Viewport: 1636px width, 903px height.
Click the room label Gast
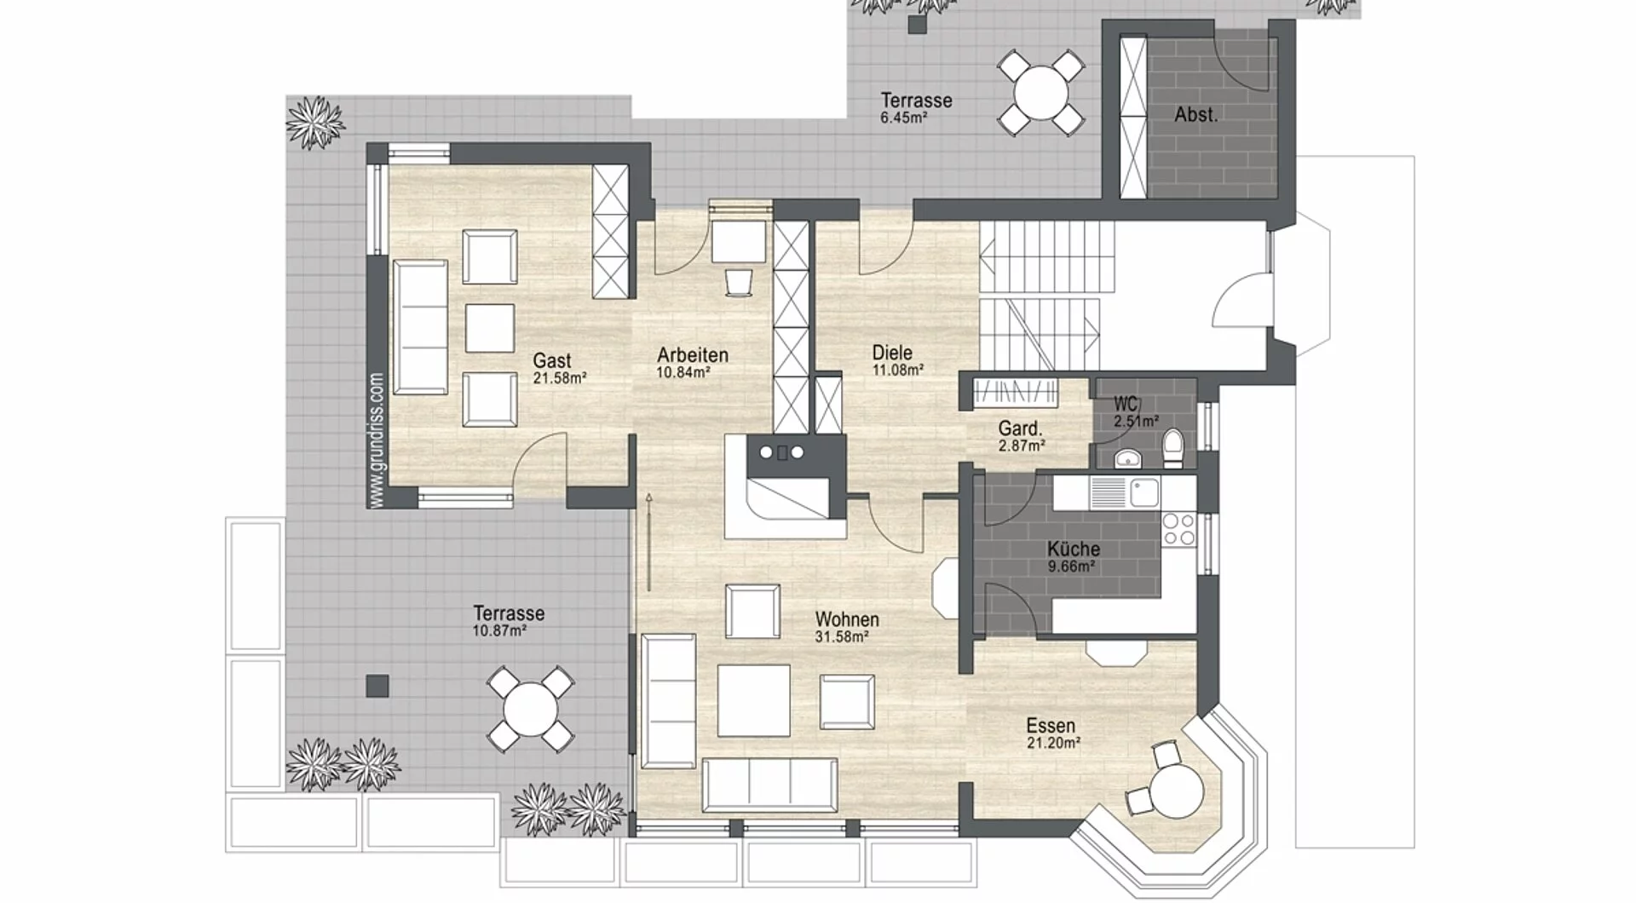tap(552, 360)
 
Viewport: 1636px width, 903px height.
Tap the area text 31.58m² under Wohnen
tap(842, 636)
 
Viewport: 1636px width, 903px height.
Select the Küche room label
tap(1074, 549)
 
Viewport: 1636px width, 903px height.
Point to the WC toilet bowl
tap(1173, 447)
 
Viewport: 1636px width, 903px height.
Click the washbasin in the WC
tap(1128, 458)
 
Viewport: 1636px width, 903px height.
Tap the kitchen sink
tap(1143, 492)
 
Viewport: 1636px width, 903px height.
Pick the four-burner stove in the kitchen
tap(1178, 528)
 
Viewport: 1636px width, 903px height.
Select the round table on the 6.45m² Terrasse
tap(1040, 91)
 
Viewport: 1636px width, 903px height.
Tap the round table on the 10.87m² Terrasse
tap(529, 709)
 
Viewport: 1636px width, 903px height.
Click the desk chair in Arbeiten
tap(740, 282)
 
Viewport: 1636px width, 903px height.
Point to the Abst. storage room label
tap(1195, 114)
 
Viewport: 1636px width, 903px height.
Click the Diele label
tap(892, 352)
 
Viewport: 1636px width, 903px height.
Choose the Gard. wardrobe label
tap(1020, 428)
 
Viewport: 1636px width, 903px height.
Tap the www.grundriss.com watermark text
tap(377, 440)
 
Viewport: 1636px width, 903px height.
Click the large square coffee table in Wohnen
tap(752, 700)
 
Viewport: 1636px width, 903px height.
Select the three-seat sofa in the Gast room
tap(420, 327)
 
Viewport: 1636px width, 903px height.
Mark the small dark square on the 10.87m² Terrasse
tap(377, 686)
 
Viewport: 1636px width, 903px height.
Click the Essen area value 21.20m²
tap(1054, 743)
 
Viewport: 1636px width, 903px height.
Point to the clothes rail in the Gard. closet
tap(1016, 391)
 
